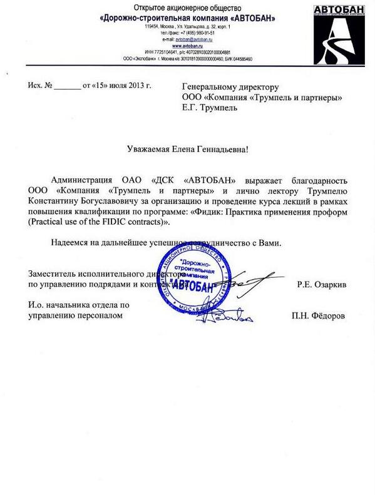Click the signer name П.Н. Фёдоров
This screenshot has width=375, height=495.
[318, 316]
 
